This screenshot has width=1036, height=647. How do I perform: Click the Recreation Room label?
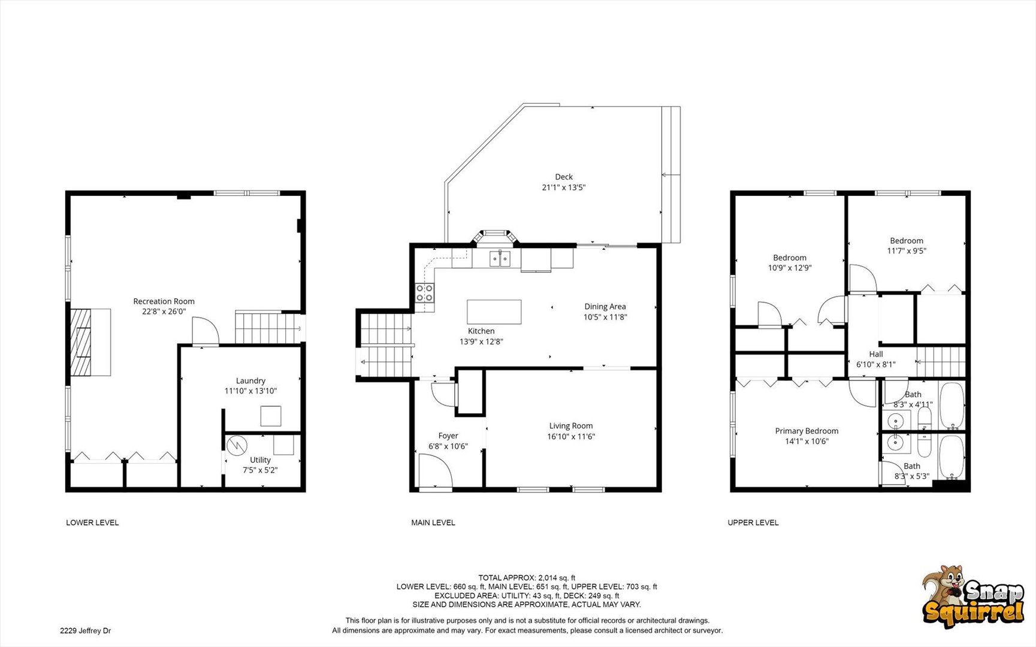tap(164, 301)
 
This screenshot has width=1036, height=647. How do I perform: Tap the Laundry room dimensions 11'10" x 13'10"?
tap(250, 391)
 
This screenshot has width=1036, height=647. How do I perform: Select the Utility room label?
tap(260, 460)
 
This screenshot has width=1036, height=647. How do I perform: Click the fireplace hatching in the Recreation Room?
tap(81, 342)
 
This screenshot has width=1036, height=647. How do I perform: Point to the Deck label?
tap(564, 177)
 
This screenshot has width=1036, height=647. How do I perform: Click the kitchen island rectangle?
tap(494, 312)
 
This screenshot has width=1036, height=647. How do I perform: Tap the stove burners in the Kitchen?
tap(425, 292)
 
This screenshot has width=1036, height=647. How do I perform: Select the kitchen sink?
tap(500, 259)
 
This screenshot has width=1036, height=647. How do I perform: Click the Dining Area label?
tap(605, 307)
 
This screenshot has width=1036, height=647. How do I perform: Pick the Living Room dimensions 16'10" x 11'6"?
tap(571, 437)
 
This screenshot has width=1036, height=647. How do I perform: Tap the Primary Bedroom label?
tap(807, 431)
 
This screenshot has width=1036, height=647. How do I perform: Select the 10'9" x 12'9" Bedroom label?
tap(790, 258)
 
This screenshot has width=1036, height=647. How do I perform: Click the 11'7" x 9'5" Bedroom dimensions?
tap(907, 251)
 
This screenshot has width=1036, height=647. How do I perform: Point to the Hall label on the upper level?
tap(876, 354)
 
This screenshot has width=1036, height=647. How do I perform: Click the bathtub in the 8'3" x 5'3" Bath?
tap(952, 457)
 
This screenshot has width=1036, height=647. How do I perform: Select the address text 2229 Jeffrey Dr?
tap(85, 631)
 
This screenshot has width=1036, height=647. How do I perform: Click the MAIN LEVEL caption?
tap(433, 523)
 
